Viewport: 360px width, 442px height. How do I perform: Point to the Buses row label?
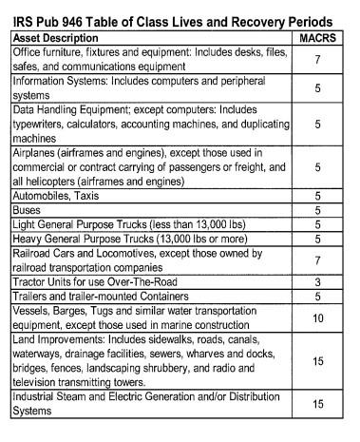[28, 210]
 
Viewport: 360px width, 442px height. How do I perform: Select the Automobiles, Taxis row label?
[53, 195]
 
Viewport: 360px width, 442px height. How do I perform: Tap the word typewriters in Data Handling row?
[43, 125]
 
